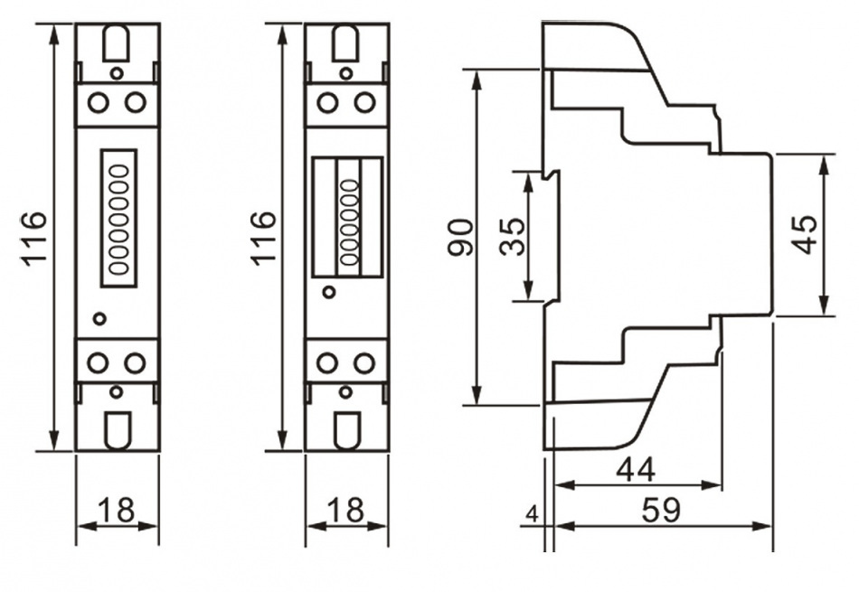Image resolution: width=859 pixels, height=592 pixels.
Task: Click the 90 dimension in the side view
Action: click(x=460, y=237)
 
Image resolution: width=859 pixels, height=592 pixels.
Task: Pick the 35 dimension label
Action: click(x=512, y=237)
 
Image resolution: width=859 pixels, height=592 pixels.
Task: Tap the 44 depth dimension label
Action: click(x=636, y=469)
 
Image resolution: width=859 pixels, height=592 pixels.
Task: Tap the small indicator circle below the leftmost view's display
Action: click(x=100, y=318)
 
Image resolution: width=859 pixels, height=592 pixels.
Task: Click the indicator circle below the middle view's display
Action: click(x=329, y=292)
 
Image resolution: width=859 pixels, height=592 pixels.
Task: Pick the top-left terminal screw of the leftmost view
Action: click(x=99, y=101)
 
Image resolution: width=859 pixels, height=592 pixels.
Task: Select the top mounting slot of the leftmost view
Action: click(x=117, y=41)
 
